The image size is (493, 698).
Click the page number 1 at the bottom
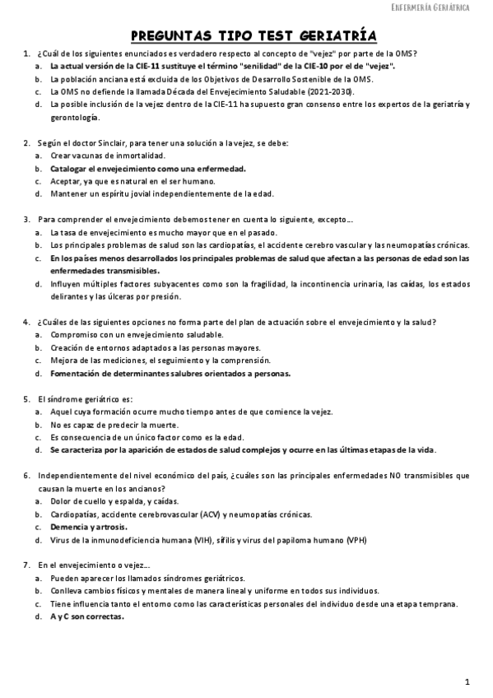pyautogui.click(x=467, y=682)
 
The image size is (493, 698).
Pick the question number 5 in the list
pyautogui.click(x=27, y=398)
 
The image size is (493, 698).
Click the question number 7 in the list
pyautogui.click(x=27, y=565)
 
